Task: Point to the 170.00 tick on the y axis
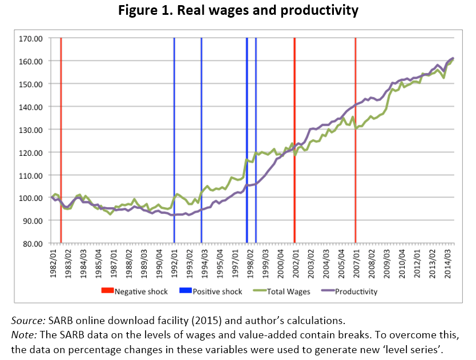pyautogui.click(x=32, y=39)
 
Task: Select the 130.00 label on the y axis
pyautogui.click(x=32, y=130)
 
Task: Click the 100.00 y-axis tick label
pyautogui.click(x=32, y=198)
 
